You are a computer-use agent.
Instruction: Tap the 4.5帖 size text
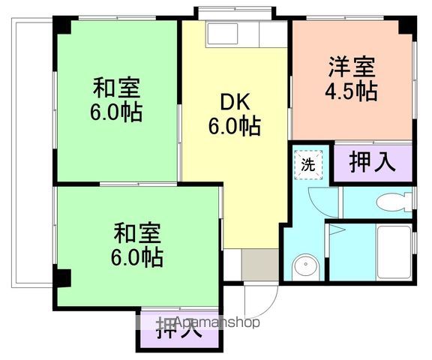(x=350, y=93)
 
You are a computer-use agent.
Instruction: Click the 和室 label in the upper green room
(x=116, y=88)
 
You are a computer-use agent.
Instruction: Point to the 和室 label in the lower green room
(x=136, y=232)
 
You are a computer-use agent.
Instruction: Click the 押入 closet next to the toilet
(x=373, y=163)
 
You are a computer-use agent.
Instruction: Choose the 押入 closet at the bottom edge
(x=178, y=330)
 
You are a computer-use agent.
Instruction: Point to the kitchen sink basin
(x=221, y=34)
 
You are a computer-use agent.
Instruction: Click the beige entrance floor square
(x=259, y=265)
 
